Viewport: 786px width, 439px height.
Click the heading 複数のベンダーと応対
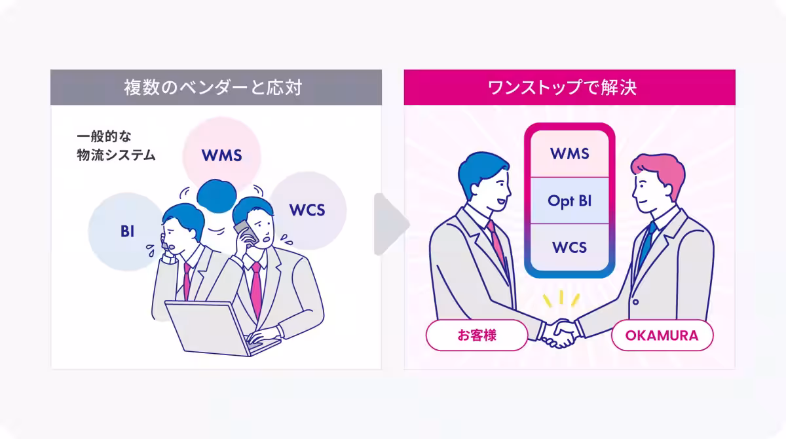(215, 88)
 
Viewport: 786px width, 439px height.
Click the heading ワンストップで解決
(569, 88)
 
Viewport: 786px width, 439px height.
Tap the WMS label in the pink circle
(221, 156)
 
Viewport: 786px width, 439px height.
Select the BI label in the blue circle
(127, 231)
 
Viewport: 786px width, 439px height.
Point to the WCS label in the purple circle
(307, 210)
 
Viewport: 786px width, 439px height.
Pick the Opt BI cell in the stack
(569, 201)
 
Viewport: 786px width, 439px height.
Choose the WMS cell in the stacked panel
(569, 155)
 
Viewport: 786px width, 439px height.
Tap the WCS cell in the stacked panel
(569, 248)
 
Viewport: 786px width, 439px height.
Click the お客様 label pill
(477, 336)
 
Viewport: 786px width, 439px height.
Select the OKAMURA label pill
(662, 336)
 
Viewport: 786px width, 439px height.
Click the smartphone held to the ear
(243, 230)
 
